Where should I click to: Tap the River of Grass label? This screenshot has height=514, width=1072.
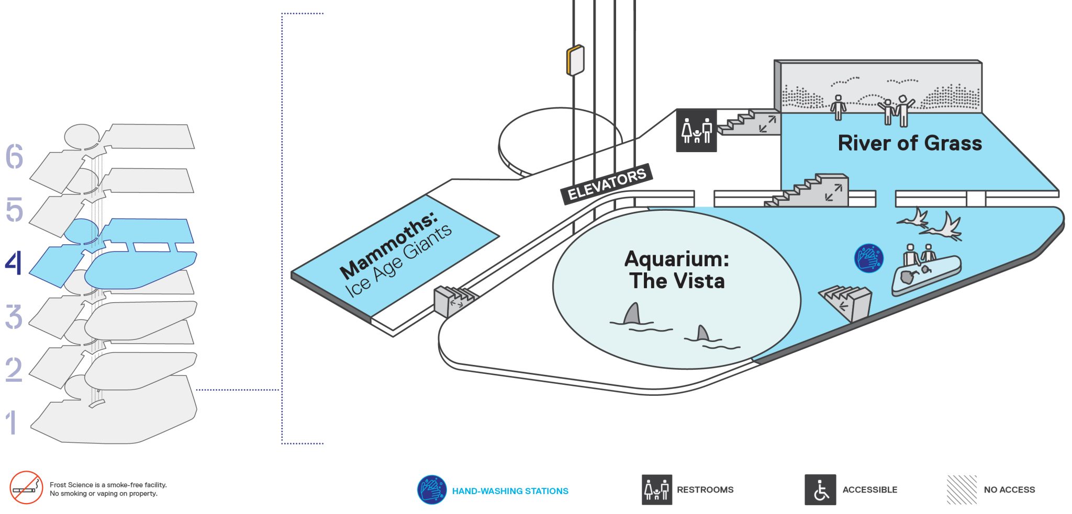pos(910,143)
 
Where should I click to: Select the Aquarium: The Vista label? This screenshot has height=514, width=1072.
pos(677,270)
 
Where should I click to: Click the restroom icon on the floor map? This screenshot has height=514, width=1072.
pos(697,131)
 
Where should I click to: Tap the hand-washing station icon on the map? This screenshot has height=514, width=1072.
pos(869,258)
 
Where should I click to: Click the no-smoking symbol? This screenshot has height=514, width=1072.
pos(26,487)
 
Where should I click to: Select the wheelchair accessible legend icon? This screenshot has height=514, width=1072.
pos(820,490)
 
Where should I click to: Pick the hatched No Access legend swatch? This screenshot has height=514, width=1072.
pos(962,490)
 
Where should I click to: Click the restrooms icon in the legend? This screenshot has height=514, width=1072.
pos(657,490)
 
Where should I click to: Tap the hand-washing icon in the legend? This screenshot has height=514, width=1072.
pos(432,490)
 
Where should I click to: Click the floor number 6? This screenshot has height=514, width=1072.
pos(14,156)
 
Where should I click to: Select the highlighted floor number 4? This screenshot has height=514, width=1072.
pos(14,262)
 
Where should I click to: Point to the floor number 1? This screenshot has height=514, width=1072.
pos(11,422)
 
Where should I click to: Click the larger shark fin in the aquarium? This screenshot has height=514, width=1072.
pos(632,314)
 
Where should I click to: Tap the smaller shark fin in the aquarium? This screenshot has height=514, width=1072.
pos(702,333)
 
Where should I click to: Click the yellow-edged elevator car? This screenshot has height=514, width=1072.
pos(575,60)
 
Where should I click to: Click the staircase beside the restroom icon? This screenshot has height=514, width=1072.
pos(749,122)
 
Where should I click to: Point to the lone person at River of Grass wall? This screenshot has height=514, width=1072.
pos(838,108)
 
